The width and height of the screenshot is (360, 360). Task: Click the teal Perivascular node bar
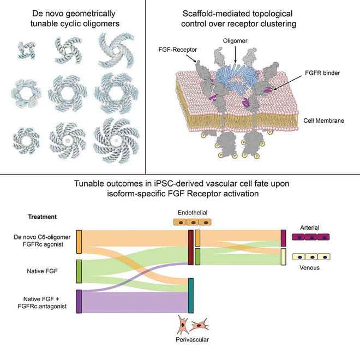[x=191, y=295]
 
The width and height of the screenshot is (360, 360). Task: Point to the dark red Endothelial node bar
[x=191, y=247]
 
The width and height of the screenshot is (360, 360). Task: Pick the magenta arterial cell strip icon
[x=313, y=237]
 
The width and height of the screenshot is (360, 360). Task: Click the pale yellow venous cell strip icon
[x=313, y=255]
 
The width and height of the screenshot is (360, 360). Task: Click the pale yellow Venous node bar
[x=284, y=256]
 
